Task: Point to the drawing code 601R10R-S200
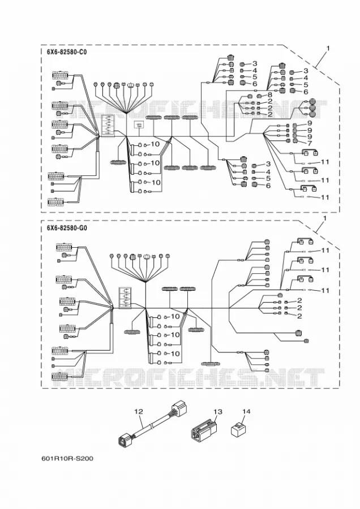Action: pyautogui.click(x=67, y=458)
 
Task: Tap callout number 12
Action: pyautogui.click(x=139, y=412)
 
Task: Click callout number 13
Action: pyautogui.click(x=218, y=412)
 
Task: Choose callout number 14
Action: pyautogui.click(x=246, y=412)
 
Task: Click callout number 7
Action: pyautogui.click(x=309, y=143)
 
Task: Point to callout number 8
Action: pyautogui.click(x=269, y=95)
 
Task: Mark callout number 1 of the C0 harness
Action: pyautogui.click(x=328, y=49)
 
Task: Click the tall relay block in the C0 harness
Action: pyautogui.click(x=107, y=125)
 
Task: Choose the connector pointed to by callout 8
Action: pyautogui.click(x=260, y=96)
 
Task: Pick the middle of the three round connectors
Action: pyautogui.click(x=312, y=107)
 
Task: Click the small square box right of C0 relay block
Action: pyautogui.click(x=139, y=125)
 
